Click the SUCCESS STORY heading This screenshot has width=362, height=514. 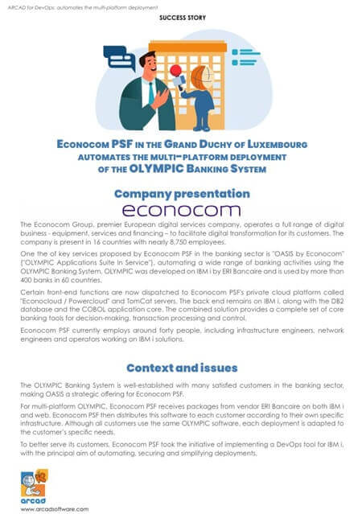point(181,16)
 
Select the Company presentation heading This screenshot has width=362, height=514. point(182,194)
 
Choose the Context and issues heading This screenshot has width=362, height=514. point(181,368)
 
